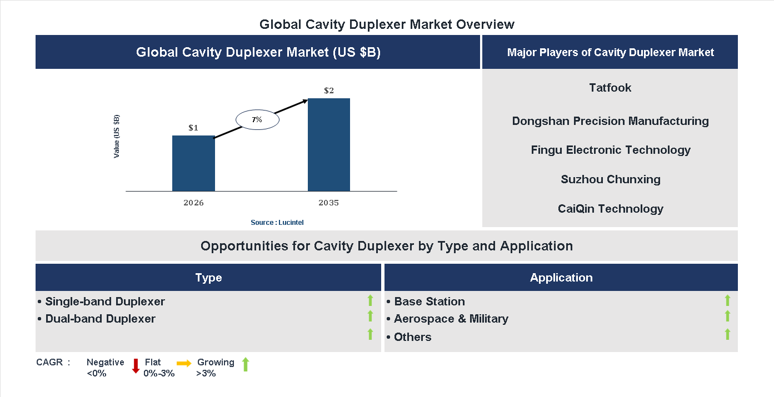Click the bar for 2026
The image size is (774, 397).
coord(193,163)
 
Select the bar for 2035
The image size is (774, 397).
coord(329,145)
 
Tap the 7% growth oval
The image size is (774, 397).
coord(257,119)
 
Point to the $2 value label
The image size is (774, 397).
coord(329,91)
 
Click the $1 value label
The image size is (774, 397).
coord(193,128)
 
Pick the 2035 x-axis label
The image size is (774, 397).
coord(329,203)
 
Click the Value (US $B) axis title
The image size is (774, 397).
coord(117,137)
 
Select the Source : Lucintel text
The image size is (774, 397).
coord(277,223)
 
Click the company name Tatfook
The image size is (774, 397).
coord(610,88)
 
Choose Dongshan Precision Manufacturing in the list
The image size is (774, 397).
coord(610,121)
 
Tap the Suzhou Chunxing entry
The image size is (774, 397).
coord(610,179)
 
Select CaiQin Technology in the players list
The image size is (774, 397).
coord(610,209)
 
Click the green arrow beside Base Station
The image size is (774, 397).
coord(727,300)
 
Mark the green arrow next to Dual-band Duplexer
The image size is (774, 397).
coord(370,316)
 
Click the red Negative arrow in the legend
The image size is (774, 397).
coord(135,366)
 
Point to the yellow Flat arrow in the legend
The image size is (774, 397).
coord(184,363)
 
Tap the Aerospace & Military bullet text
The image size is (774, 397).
coord(451,319)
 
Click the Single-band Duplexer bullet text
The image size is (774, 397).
coord(105,301)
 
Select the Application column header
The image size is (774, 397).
coord(561,278)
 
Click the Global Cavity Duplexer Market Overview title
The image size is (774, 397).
coord(387,24)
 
